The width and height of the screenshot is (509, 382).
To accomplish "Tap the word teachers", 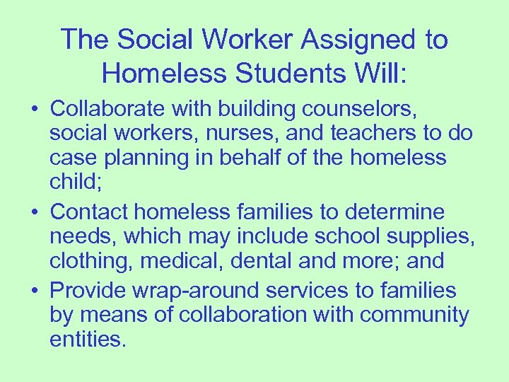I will [x=386, y=133].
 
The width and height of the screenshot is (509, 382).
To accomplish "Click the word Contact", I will [x=90, y=211].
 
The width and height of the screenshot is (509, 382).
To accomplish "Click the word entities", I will [x=87, y=339].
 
